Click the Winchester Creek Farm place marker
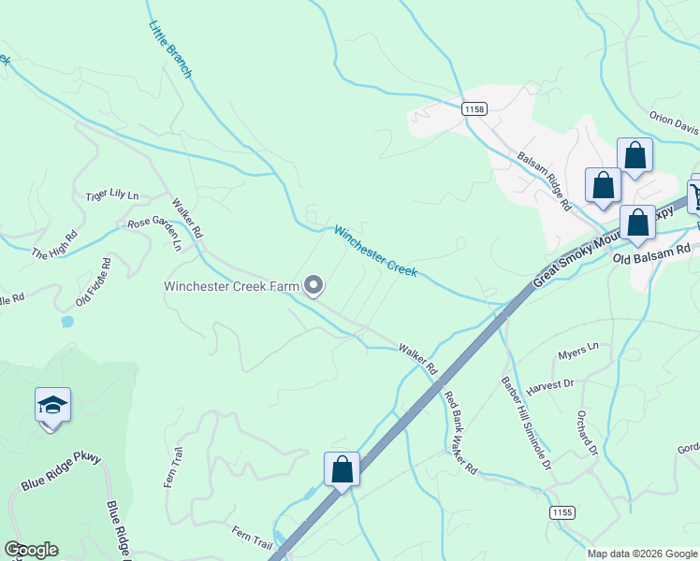pyautogui.click(x=314, y=285)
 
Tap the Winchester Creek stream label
pyautogui.click(x=375, y=251)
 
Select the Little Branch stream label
pyautogui.click(x=170, y=50)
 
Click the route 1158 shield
pyautogui.click(x=474, y=109)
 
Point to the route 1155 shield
pyautogui.click(x=561, y=513)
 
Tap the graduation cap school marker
pyautogui.click(x=52, y=406)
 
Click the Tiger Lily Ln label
pyautogui.click(x=111, y=195)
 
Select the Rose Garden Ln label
pyautogui.click(x=154, y=230)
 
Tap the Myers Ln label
pyautogui.click(x=577, y=351)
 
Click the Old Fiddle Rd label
pyautogui.click(x=94, y=283)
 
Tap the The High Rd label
pyautogui.click(x=51, y=249)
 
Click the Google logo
pyautogui.click(x=31, y=550)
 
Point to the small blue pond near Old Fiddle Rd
pyautogui.click(x=66, y=322)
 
